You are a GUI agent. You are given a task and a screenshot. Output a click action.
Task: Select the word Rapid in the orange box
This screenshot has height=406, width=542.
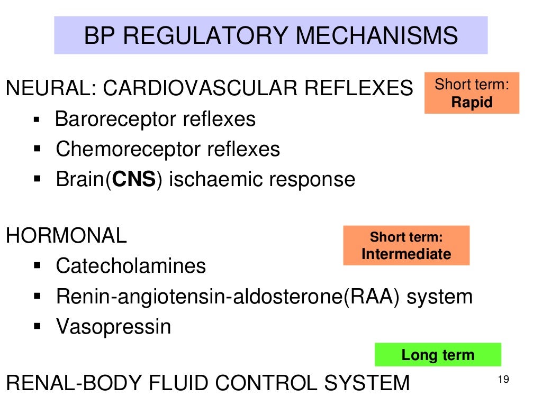[472, 102]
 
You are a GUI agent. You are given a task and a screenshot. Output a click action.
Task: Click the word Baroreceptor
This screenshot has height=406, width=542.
[116, 119]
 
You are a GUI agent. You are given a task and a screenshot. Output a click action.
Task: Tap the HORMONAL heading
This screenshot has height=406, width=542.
[66, 236]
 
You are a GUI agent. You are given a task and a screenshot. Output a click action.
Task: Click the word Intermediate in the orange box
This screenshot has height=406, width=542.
[406, 254]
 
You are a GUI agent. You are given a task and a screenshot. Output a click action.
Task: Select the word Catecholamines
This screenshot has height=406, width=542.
[131, 265]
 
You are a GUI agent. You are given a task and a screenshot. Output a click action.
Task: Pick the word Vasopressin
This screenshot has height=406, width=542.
[113, 326]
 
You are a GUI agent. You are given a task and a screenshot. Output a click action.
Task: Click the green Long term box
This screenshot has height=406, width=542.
[438, 355]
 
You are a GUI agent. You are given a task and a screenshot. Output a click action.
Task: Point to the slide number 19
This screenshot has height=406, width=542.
[503, 379]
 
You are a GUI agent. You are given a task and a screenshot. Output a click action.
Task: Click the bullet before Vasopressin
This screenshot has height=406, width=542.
[37, 326]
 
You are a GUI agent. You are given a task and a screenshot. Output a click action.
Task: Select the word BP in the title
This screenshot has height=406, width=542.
[100, 35]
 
